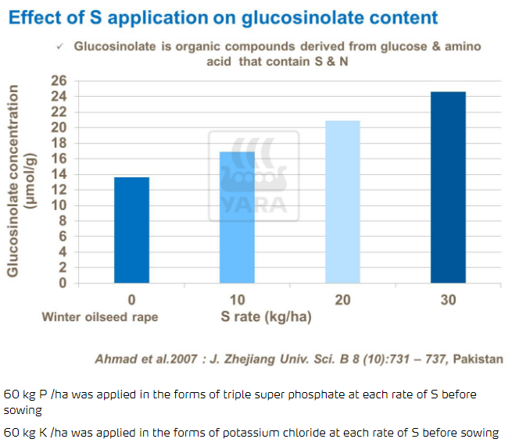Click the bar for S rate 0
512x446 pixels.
coord(131,230)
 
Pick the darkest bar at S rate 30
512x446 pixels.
coord(448,187)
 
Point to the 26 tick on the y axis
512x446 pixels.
coord(58,80)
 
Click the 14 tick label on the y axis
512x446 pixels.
coord(58,174)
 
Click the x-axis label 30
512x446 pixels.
coord(448,300)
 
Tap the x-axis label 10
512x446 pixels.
coord(237,300)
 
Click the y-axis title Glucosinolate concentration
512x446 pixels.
coord(14,182)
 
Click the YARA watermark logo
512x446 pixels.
coord(252,175)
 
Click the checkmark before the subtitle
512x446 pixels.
coord(60,47)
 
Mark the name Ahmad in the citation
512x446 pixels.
coord(114,359)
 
